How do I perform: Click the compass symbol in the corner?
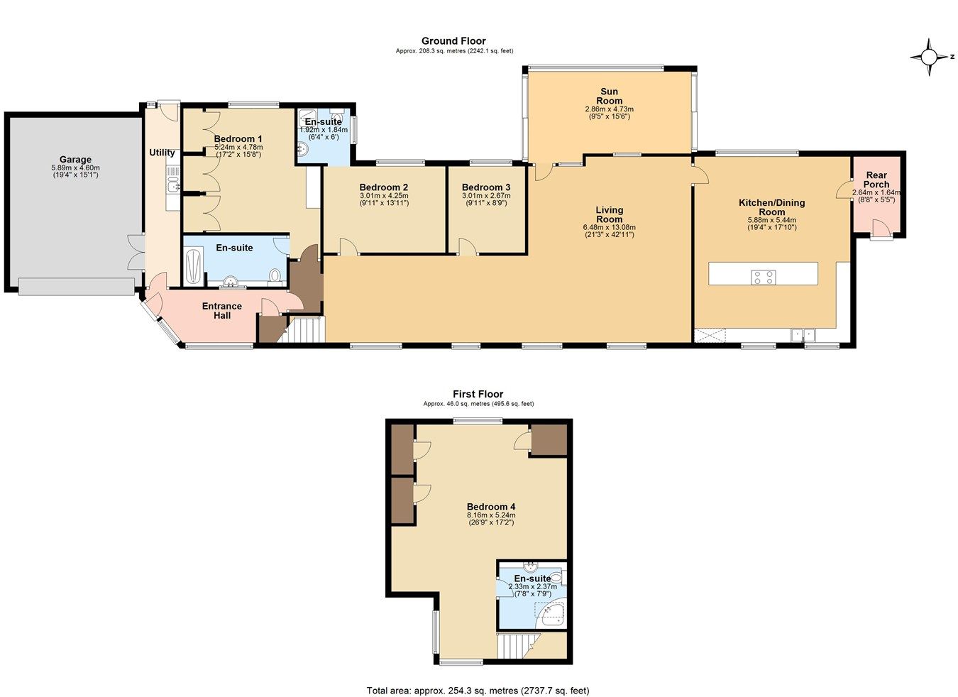tap(928, 57)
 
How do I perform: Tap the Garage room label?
tap(75, 160)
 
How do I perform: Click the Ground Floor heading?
tap(453, 41)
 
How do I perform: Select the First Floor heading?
tap(478, 394)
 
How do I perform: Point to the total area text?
tap(478, 690)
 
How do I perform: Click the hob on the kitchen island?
tap(763, 278)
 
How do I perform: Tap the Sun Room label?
tap(609, 96)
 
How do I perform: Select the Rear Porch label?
tap(876, 180)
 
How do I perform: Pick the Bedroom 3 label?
tap(486, 187)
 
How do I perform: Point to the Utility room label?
tap(162, 153)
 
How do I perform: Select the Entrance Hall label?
tap(222, 311)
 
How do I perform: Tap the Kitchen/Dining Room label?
tap(771, 207)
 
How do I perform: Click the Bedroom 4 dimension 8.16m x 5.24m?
tap(490, 515)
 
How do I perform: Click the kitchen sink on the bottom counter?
tap(804, 333)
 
